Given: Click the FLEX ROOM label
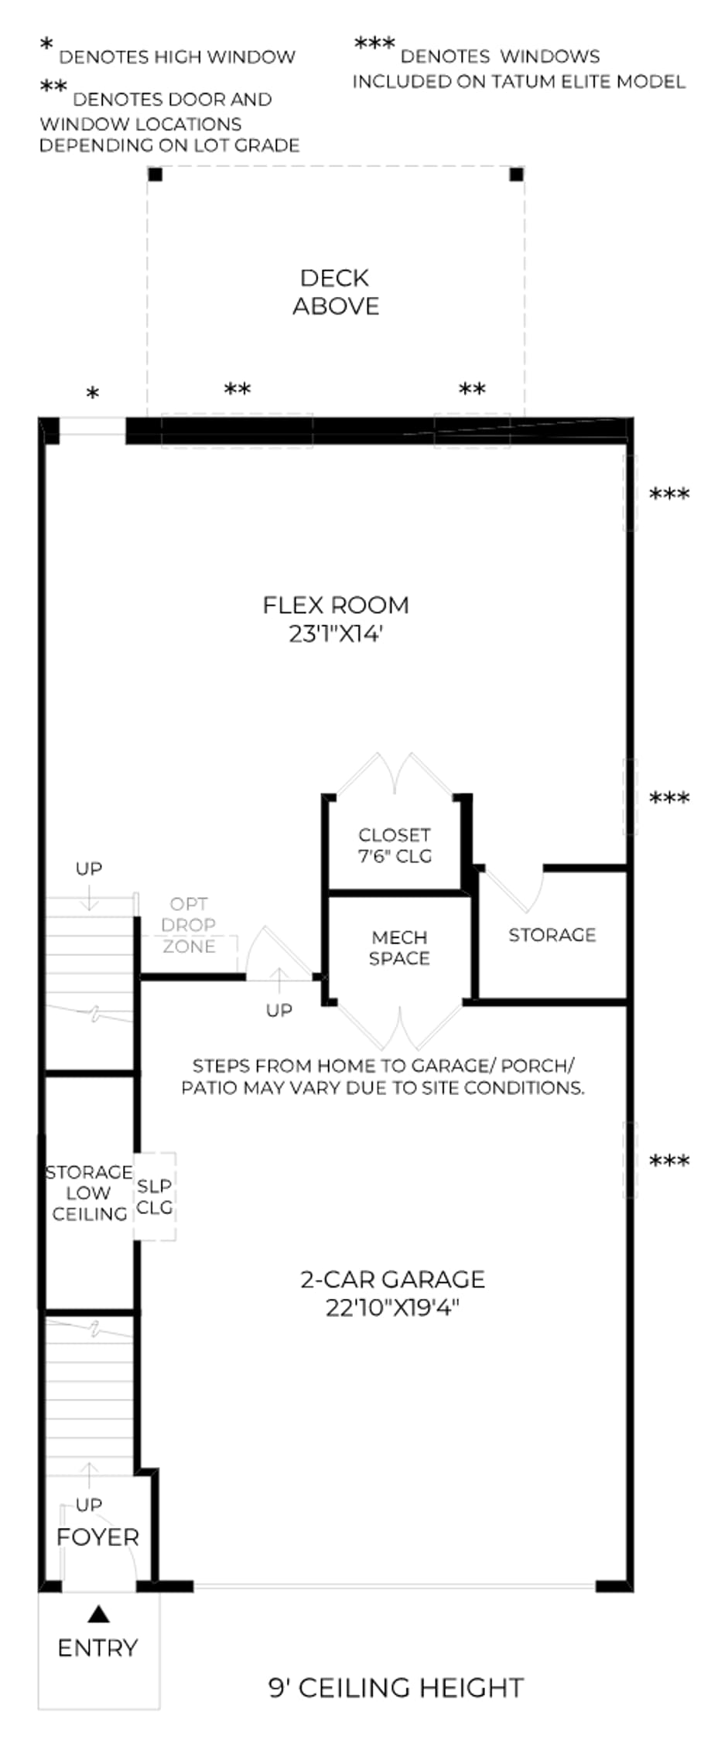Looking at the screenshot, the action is [336, 605].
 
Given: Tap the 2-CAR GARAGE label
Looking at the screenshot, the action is [393, 1279].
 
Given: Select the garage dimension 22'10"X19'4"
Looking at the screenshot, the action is [393, 1308].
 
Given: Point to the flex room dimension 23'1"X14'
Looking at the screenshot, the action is [336, 634].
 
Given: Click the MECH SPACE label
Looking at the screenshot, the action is [399, 948].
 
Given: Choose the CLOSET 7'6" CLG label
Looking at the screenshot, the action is [395, 845].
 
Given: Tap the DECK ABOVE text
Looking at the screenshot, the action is [336, 292].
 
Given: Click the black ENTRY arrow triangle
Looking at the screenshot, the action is [98, 1614].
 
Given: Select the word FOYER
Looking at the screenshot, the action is [97, 1537].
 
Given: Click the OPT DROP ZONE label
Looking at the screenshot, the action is [189, 925].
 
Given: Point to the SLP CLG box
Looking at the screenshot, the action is [155, 1196].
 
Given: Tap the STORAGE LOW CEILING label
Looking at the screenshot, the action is [89, 1193].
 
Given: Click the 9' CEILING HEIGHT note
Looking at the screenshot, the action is [396, 1687].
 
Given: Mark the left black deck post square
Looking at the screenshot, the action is [156, 174].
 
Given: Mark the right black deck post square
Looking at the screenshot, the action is [516, 174].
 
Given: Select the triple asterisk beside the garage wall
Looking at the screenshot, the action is [669, 1161].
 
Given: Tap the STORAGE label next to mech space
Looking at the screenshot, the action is [552, 935].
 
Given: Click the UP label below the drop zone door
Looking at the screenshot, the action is [279, 1010].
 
